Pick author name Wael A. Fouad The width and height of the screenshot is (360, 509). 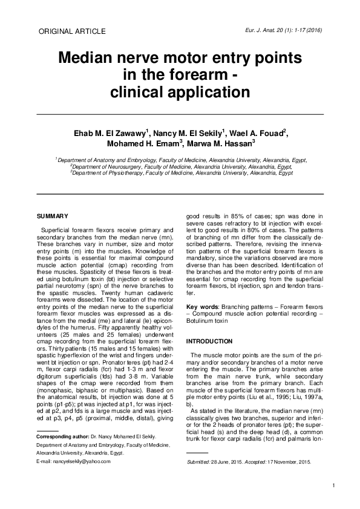[260, 134]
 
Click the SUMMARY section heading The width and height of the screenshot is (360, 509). [52, 216]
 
